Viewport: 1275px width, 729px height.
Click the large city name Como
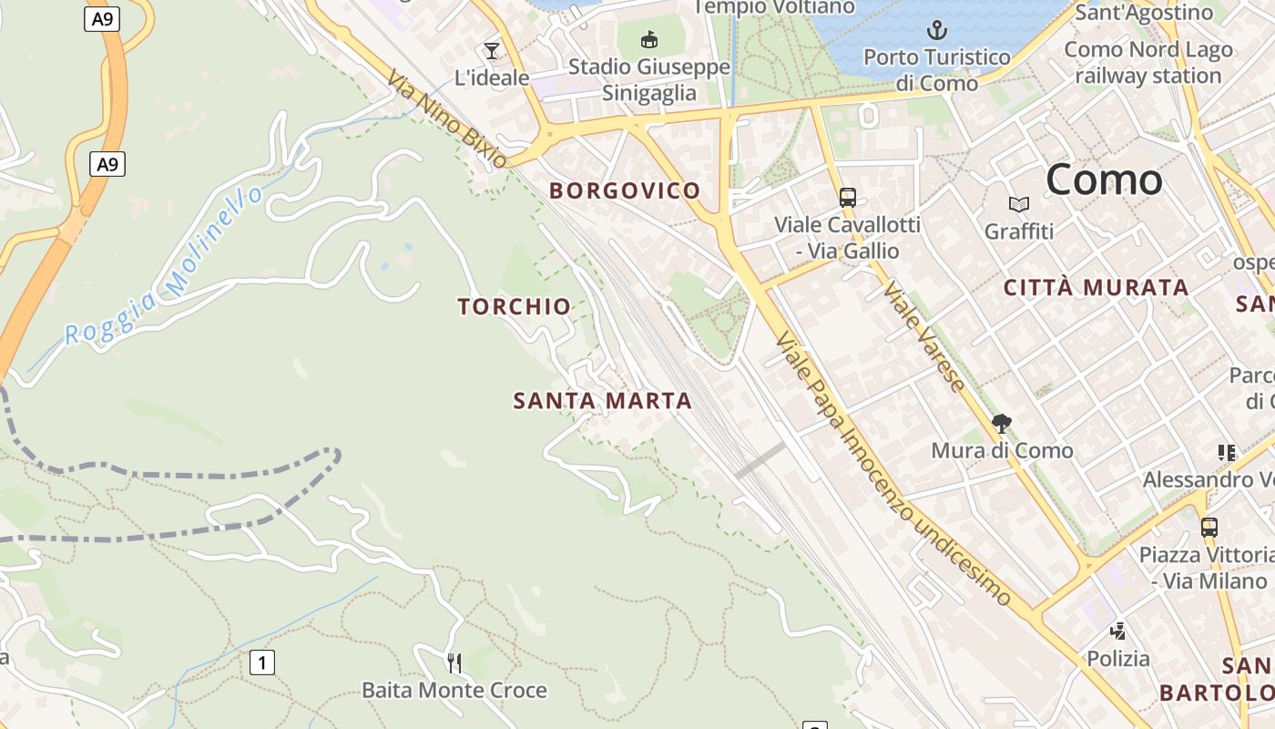click(x=1104, y=180)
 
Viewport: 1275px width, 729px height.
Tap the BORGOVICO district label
click(x=625, y=190)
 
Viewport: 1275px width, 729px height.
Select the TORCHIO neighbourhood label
click(x=515, y=306)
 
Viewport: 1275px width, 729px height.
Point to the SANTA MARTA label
click(x=602, y=401)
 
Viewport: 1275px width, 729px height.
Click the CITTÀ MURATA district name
click(x=1096, y=288)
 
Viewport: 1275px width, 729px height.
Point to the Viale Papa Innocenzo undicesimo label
click(x=892, y=469)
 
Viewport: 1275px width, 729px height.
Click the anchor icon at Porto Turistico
click(x=937, y=31)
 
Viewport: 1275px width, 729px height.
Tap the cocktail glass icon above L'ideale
click(x=492, y=51)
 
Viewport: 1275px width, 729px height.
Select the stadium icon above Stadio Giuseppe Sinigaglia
click(x=649, y=39)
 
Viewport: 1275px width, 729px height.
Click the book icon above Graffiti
click(x=1019, y=205)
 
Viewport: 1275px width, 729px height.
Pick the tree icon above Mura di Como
click(x=1002, y=424)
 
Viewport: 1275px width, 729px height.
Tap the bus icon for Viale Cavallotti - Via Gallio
click(x=847, y=198)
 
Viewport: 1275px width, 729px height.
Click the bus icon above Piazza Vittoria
click(x=1209, y=528)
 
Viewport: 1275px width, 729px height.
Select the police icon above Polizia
click(x=1118, y=631)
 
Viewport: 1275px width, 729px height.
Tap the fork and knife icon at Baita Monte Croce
click(x=454, y=662)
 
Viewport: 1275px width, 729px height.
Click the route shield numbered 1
click(x=262, y=662)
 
